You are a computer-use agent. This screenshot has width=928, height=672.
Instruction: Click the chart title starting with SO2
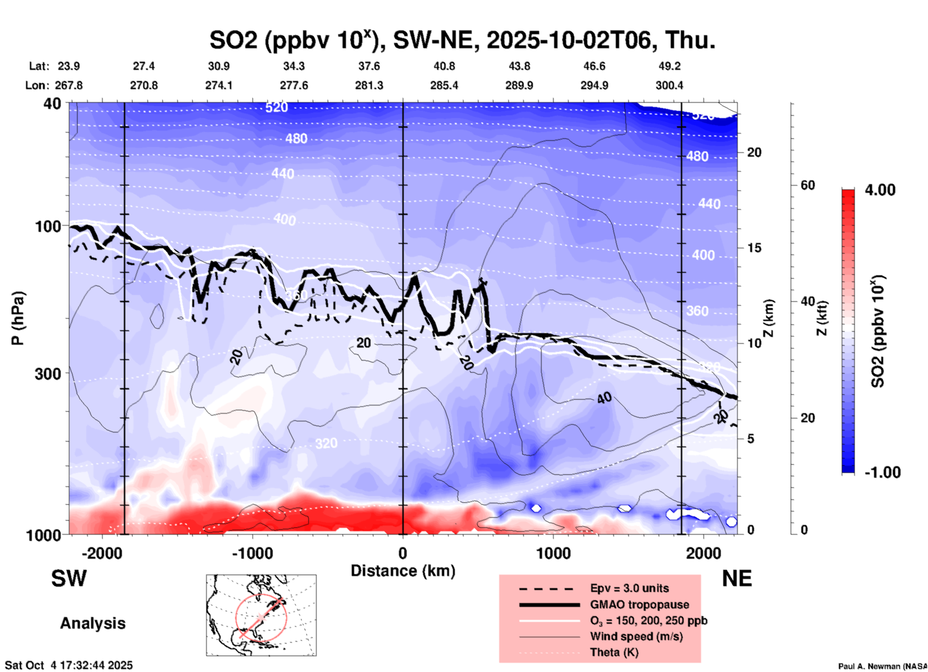coord(463,40)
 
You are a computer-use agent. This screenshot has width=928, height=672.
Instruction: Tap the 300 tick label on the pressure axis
coord(48,374)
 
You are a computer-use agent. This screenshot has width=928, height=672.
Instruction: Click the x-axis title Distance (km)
coord(403,571)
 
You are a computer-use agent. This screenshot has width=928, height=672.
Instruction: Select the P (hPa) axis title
coord(18,318)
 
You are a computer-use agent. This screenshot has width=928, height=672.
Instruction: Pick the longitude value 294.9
coord(594,85)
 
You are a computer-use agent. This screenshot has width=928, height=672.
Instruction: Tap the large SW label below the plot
coord(69,578)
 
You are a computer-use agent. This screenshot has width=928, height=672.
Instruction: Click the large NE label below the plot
coord(737,578)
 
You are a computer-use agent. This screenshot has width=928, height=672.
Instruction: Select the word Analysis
coord(93,623)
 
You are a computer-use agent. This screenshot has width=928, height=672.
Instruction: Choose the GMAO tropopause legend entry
coord(639,605)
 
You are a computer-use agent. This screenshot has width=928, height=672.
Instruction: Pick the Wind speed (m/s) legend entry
coord(636,636)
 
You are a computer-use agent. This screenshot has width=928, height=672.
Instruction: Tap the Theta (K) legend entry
coord(614,652)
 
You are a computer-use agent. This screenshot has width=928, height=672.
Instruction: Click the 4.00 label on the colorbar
coord(880,189)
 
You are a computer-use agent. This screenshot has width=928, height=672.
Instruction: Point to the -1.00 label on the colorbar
coord(882,472)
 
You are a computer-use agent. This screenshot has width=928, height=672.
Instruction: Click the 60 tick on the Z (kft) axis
coord(808,185)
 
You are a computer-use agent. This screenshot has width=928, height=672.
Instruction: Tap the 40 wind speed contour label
coord(604,398)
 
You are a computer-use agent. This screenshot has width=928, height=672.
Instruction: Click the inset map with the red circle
coord(261,615)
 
